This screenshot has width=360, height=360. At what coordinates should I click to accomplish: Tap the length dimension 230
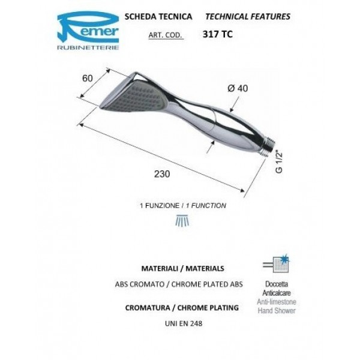click(160, 173)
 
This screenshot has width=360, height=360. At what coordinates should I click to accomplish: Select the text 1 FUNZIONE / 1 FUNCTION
click(181, 205)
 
